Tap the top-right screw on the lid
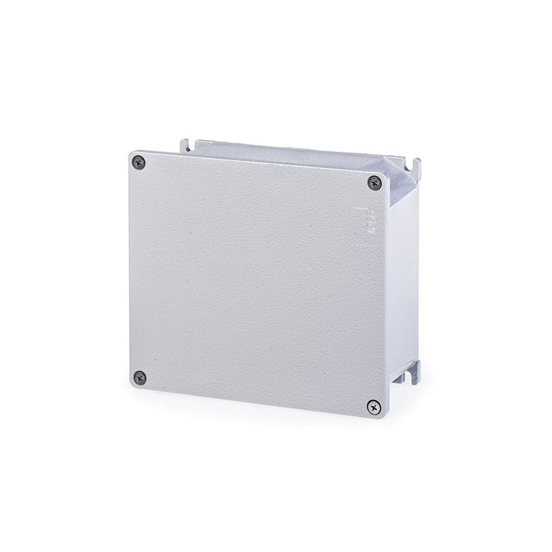375,182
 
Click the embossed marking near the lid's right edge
370,225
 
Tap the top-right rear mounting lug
415,166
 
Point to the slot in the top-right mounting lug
416,164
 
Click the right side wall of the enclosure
404,276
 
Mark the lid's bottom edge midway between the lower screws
257,401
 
